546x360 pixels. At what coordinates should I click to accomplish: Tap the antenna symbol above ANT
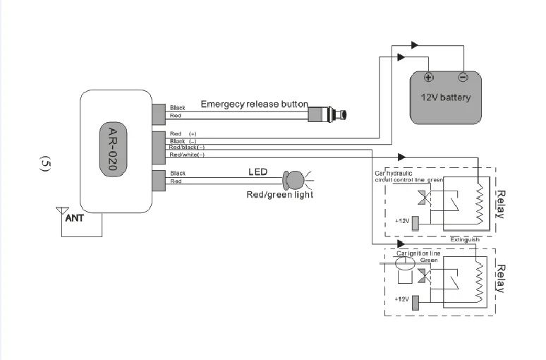[61, 210]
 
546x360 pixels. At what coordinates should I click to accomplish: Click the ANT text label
[75, 219]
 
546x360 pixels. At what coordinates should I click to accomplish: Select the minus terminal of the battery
[463, 77]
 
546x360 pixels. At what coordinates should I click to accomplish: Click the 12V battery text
[445, 97]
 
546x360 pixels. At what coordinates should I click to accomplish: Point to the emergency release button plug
[329, 113]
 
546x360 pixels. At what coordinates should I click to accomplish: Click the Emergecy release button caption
[254, 104]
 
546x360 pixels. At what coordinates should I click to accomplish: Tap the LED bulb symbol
[293, 179]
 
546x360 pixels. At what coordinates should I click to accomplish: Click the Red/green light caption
[279, 195]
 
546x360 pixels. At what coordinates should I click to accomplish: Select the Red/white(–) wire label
[187, 155]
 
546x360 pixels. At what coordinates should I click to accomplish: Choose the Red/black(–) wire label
[187, 148]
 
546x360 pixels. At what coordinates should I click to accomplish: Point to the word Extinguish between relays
[465, 239]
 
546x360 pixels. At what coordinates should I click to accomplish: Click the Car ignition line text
[418, 252]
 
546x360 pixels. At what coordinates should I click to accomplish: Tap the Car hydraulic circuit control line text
[408, 176]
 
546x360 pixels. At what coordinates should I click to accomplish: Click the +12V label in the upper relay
[402, 221]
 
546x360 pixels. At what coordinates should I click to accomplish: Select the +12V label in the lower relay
[402, 299]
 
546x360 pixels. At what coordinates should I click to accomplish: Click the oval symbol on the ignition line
[406, 265]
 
